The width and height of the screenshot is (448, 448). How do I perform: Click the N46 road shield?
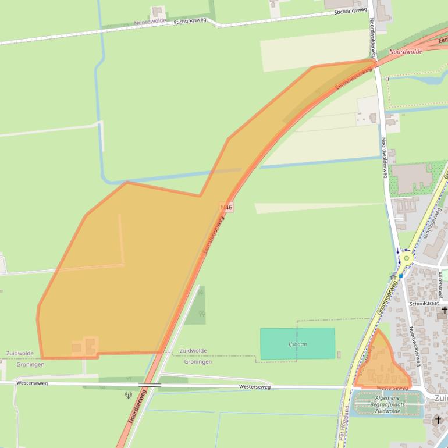[227, 207]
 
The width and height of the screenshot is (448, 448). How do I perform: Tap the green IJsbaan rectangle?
[297, 343]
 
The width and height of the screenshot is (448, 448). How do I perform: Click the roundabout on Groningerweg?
[406, 256]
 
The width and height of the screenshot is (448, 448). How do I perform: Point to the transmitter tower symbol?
[129, 396]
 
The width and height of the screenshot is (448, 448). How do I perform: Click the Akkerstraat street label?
[440, 283]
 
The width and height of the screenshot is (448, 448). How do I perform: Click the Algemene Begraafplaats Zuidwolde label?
[387, 404]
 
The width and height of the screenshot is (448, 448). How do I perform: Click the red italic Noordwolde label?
[406, 52]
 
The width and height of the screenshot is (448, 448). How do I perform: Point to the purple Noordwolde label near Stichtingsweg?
[150, 21]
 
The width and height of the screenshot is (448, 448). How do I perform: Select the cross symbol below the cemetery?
[438, 419]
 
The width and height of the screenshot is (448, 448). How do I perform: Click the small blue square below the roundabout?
[401, 275]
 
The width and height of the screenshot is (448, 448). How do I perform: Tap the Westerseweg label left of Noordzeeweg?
[32, 383]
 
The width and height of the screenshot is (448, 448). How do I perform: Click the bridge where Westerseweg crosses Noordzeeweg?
[150, 385]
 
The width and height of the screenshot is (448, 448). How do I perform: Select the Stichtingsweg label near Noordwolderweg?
[350, 11]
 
